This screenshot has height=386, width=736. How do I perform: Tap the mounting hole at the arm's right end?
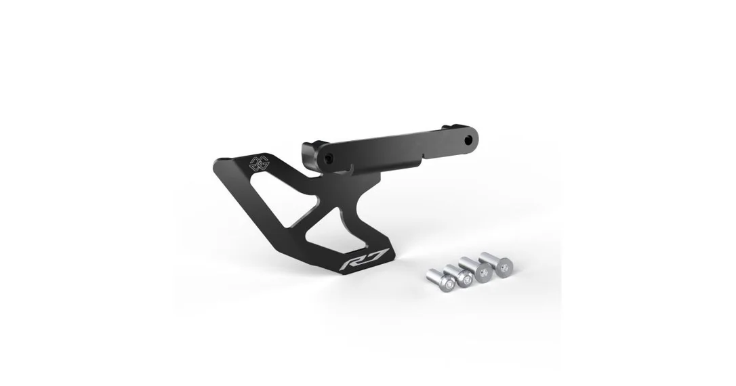pos(468,140)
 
